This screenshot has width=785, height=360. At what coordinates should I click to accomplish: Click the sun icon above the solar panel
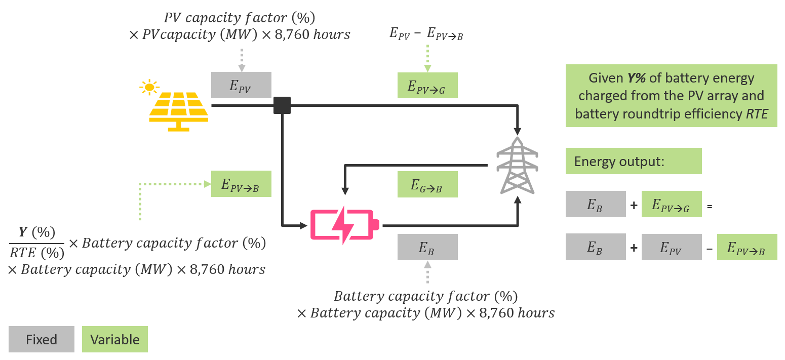pyautogui.click(x=148, y=87)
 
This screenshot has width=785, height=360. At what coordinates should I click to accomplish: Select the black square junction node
pyautogui.click(x=282, y=105)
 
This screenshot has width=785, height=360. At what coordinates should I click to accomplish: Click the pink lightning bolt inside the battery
pyautogui.click(x=342, y=225)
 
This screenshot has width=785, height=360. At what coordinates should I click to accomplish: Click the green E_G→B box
pyautogui.click(x=427, y=184)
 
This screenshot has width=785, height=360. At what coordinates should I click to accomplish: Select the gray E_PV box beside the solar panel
pyautogui.click(x=241, y=85)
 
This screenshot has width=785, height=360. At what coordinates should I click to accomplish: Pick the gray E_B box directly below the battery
pyautogui.click(x=427, y=247)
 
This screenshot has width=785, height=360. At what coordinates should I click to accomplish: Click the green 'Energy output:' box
pyautogui.click(x=633, y=161)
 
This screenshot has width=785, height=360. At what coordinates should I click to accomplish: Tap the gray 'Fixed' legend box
pyautogui.click(x=42, y=339)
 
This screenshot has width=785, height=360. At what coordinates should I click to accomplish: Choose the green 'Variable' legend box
pyautogui.click(x=115, y=339)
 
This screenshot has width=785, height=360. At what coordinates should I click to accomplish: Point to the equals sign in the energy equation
pyautogui.click(x=709, y=206)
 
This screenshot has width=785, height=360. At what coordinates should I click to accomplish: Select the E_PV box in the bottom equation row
pyautogui.click(x=672, y=247)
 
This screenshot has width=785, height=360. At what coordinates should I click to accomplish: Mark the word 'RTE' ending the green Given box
pyautogui.click(x=757, y=114)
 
